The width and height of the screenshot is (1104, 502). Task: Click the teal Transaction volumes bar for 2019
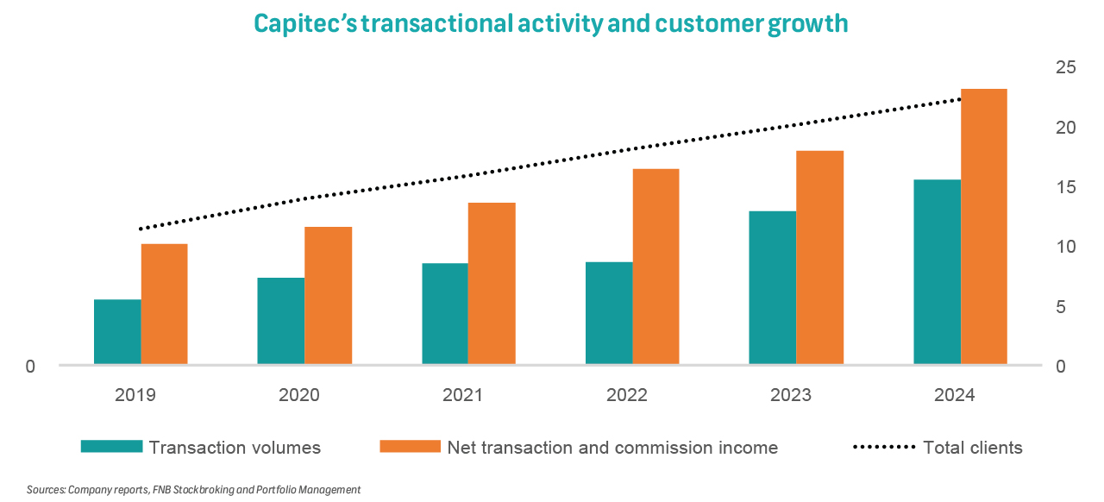coord(117,332)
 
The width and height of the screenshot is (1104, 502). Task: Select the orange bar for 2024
coord(984,227)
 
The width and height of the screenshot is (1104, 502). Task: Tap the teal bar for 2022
coord(609,313)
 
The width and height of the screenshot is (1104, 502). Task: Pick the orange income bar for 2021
coord(492,284)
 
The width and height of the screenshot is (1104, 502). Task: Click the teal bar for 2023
coord(773,288)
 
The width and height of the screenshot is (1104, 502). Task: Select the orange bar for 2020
coord(328,296)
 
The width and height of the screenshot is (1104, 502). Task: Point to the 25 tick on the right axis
coord(1066,67)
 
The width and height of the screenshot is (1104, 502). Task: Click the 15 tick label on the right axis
coord(1066,187)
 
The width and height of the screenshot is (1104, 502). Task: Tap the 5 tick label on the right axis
coord(1066,307)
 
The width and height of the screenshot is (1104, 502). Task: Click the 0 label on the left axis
coord(30,367)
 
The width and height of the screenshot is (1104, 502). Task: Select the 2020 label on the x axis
coord(298,396)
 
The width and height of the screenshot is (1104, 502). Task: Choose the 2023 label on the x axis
coord(790,396)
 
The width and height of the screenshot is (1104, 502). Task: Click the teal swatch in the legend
coord(111,447)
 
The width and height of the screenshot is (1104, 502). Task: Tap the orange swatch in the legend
coord(410,447)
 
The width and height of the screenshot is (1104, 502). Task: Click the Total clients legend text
coord(972,448)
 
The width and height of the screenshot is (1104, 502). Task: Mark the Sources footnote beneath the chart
coord(193,490)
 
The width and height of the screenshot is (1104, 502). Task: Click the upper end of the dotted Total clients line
coord(959,100)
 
